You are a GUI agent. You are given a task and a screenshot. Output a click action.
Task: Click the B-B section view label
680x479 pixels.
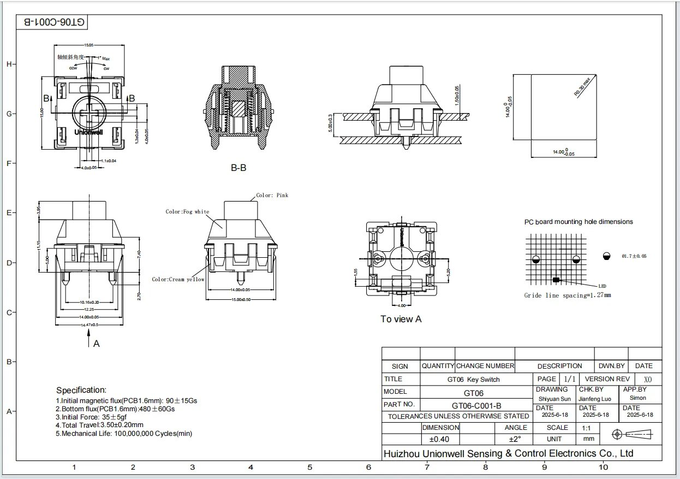click(x=238, y=168)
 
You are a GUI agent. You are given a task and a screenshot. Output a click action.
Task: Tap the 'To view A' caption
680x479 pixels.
click(x=401, y=319)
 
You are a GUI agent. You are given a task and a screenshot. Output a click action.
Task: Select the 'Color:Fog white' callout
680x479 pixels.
click(x=187, y=211)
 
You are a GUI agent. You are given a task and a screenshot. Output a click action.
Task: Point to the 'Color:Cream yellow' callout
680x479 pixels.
click(x=178, y=279)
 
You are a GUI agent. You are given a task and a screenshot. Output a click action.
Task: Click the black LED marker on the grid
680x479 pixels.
click(x=556, y=280)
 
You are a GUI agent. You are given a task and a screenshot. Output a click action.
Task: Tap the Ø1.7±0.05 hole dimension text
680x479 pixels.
click(x=634, y=256)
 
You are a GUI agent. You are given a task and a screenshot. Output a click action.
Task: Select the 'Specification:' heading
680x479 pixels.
click(x=81, y=390)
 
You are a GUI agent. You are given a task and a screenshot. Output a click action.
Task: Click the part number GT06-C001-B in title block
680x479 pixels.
click(x=476, y=405)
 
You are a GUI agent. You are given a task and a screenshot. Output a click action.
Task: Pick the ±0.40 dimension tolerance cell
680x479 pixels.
click(x=439, y=439)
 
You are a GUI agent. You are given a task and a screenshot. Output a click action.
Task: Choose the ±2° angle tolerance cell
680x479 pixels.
click(x=515, y=439)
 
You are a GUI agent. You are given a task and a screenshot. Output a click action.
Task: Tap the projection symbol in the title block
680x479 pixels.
click(x=633, y=434)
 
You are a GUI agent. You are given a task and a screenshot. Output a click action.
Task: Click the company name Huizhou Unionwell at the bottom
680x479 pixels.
click(x=508, y=453)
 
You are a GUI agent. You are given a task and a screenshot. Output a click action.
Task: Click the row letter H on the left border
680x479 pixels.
click(x=9, y=64)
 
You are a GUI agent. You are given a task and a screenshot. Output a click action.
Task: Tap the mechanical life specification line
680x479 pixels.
click(x=124, y=434)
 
